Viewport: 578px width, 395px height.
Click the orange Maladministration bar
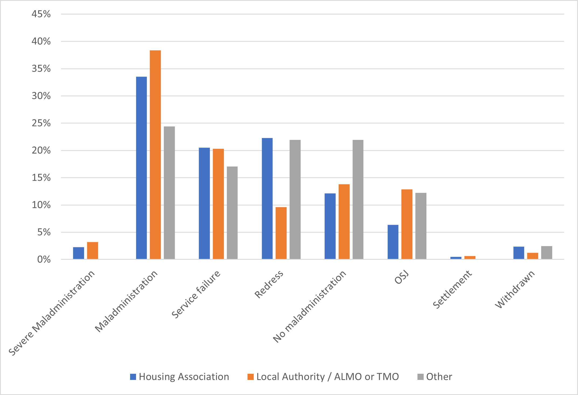pos(155,155)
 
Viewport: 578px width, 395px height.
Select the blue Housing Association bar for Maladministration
pos(141,168)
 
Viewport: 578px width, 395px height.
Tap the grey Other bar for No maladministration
pos(358,199)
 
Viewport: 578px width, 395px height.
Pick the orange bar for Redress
pos(281,233)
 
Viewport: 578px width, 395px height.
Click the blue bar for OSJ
pos(393,242)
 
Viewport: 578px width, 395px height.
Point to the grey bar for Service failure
pos(232,213)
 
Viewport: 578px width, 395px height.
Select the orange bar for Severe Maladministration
pos(92,250)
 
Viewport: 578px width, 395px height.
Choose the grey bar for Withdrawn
pos(546,252)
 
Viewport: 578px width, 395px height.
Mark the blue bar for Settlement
pos(456,258)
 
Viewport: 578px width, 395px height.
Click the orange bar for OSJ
pos(407,224)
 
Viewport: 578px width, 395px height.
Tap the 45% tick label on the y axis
pos(41,14)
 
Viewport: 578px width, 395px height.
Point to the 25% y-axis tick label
pos(41,123)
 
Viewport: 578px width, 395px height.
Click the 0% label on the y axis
pos(44,259)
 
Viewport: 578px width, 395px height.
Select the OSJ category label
pos(402,277)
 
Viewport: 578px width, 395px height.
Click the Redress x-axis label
pos(269,284)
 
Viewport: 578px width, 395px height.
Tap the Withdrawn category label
pos(515,289)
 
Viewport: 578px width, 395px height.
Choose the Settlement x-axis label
pos(452,289)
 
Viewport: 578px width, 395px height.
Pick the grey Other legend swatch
pos(420,377)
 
